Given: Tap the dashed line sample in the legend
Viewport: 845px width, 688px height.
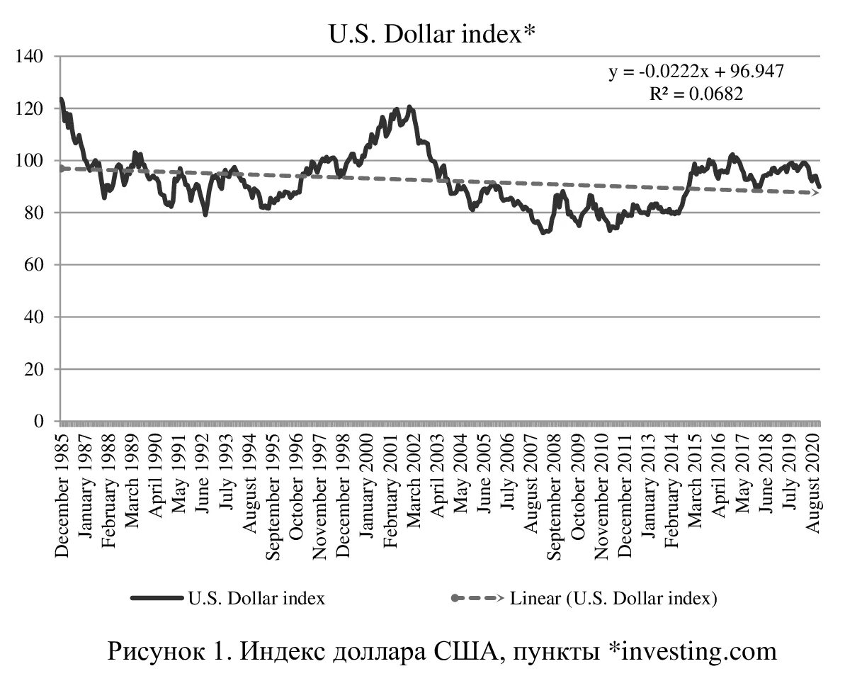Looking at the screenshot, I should click(477, 598).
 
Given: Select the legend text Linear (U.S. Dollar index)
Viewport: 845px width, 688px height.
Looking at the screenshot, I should click(614, 598).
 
